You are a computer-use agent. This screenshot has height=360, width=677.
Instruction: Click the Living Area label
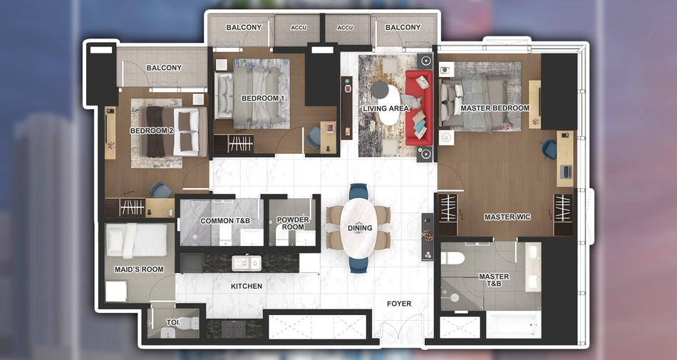(386, 108)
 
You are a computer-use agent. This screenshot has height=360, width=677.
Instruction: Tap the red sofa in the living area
(419, 108)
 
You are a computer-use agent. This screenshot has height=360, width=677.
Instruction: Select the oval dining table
(358, 227)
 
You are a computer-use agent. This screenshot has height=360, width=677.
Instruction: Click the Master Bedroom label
(495, 108)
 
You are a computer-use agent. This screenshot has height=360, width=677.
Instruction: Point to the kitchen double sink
(247, 263)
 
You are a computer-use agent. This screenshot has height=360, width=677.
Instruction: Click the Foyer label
(399, 304)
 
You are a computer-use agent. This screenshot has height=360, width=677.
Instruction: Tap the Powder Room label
(293, 223)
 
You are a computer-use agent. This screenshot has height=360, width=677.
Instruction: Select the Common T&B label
(225, 220)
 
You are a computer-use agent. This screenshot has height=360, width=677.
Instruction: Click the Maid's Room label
(139, 269)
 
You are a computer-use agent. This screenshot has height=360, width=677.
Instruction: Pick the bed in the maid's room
(136, 240)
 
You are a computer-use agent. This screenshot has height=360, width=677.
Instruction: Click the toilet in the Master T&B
(453, 258)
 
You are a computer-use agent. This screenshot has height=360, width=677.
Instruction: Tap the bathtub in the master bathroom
(514, 324)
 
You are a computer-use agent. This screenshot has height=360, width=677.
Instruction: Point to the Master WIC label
(507, 217)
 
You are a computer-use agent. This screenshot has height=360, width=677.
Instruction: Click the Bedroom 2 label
(152, 130)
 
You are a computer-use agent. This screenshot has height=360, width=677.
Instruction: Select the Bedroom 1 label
(263, 98)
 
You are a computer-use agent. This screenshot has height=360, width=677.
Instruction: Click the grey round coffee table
(380, 89)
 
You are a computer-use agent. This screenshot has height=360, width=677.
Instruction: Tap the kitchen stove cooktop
(234, 329)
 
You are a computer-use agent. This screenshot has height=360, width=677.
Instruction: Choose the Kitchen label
(247, 286)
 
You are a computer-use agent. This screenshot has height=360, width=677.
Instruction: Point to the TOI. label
(174, 322)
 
